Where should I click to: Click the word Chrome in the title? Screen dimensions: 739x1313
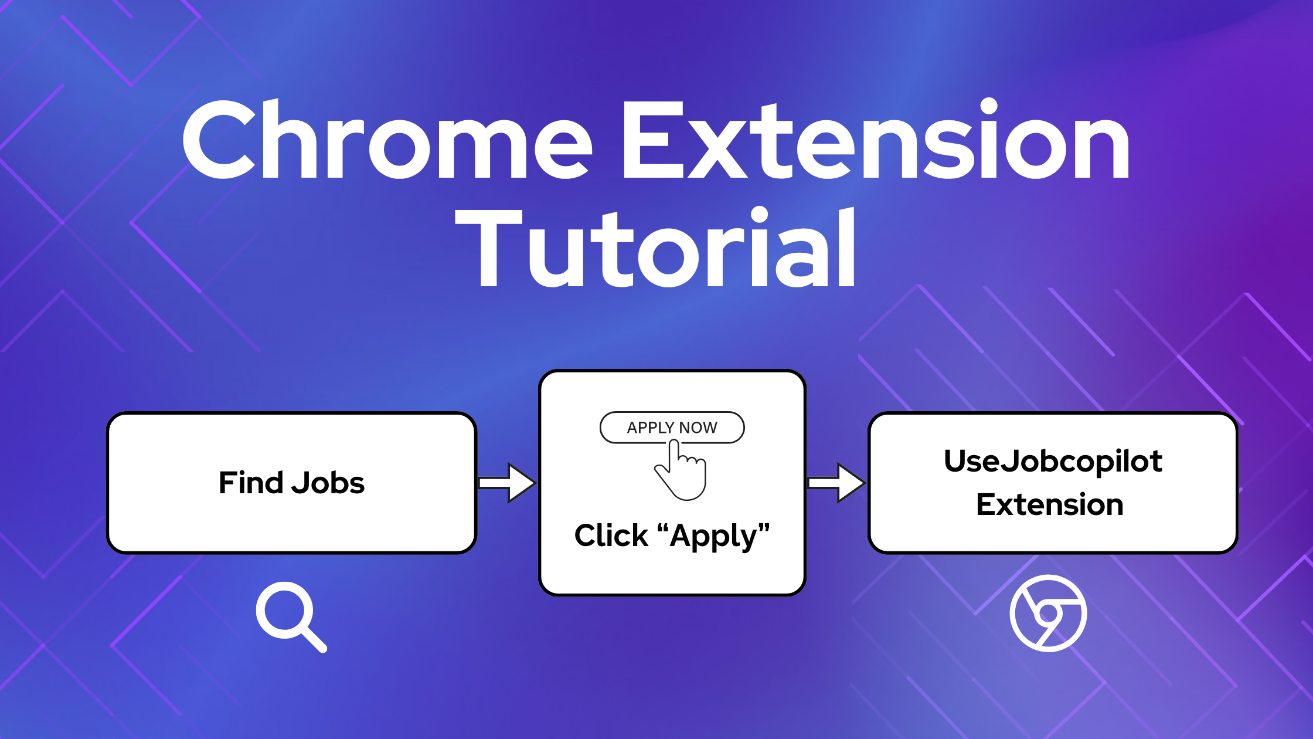[x=387, y=141]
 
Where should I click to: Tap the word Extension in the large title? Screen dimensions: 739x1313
[x=876, y=141]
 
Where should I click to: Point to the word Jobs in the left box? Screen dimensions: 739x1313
[x=328, y=483]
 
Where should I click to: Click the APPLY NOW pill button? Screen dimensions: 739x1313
[x=672, y=428]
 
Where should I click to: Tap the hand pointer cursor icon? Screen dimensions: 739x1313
[x=682, y=472]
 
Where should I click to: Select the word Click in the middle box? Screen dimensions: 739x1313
[x=611, y=535]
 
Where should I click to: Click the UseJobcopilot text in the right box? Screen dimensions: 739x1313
[x=1053, y=461]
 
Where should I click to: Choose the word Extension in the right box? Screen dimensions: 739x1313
[x=1049, y=504]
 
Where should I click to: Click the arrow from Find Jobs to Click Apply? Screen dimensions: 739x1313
[x=507, y=483]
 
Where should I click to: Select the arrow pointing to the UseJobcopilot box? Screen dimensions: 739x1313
[x=836, y=483]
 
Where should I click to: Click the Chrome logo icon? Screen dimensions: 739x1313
[x=1048, y=613]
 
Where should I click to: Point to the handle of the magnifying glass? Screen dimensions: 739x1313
[x=314, y=639]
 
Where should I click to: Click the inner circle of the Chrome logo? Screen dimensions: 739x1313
[x=1048, y=613]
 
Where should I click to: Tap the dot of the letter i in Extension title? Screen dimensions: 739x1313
[x=988, y=107]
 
